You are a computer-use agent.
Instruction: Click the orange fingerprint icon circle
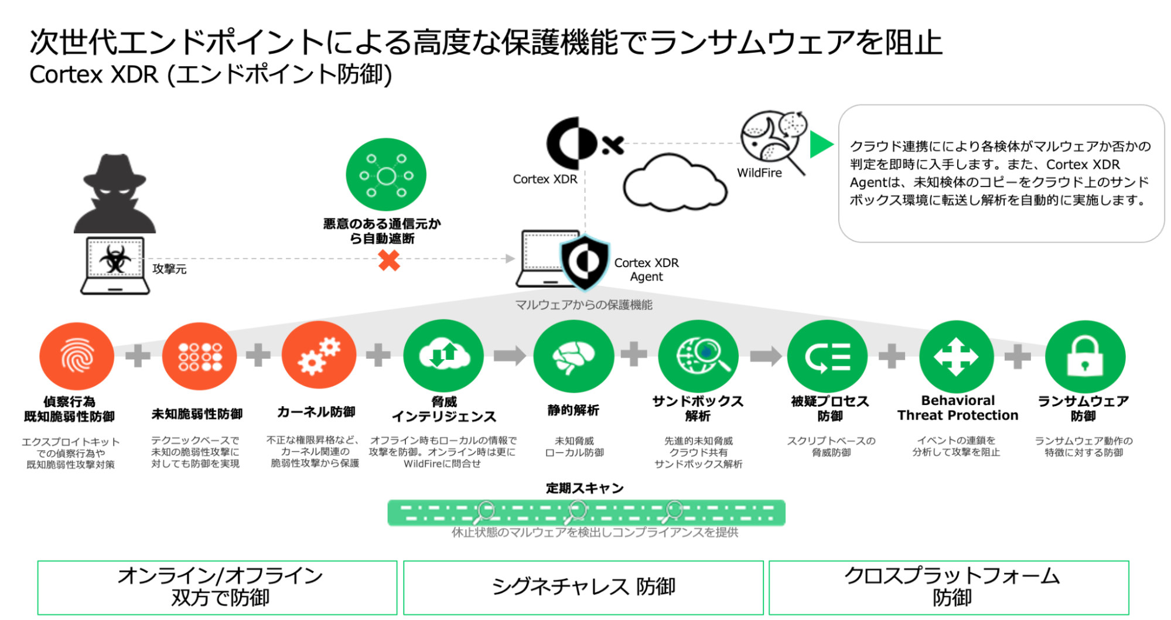pos(77,356)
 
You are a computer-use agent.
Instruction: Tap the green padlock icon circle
pos(1085,356)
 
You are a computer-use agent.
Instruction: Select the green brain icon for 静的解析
pos(573,356)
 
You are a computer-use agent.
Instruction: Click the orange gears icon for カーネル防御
pos(319,355)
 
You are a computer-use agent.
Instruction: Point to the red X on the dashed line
pos(389,260)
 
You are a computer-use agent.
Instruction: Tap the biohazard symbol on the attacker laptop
pos(115,258)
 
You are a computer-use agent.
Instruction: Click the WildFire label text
pos(759,173)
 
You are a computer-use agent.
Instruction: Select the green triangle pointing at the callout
pos(821,144)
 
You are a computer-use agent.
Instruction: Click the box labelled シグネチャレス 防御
pos(583,587)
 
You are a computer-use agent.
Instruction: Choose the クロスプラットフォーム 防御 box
pos(949,587)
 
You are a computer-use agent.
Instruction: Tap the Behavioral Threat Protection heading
pos(958,408)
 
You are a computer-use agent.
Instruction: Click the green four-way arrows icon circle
pos(956,356)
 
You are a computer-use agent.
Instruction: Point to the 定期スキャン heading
pos(585,488)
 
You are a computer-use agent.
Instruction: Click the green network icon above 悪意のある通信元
pos(386,175)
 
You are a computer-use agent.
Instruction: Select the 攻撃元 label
pos(169,269)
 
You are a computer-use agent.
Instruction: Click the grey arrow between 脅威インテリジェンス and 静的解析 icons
pos(508,355)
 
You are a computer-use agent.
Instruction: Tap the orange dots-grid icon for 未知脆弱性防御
pos(199,356)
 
